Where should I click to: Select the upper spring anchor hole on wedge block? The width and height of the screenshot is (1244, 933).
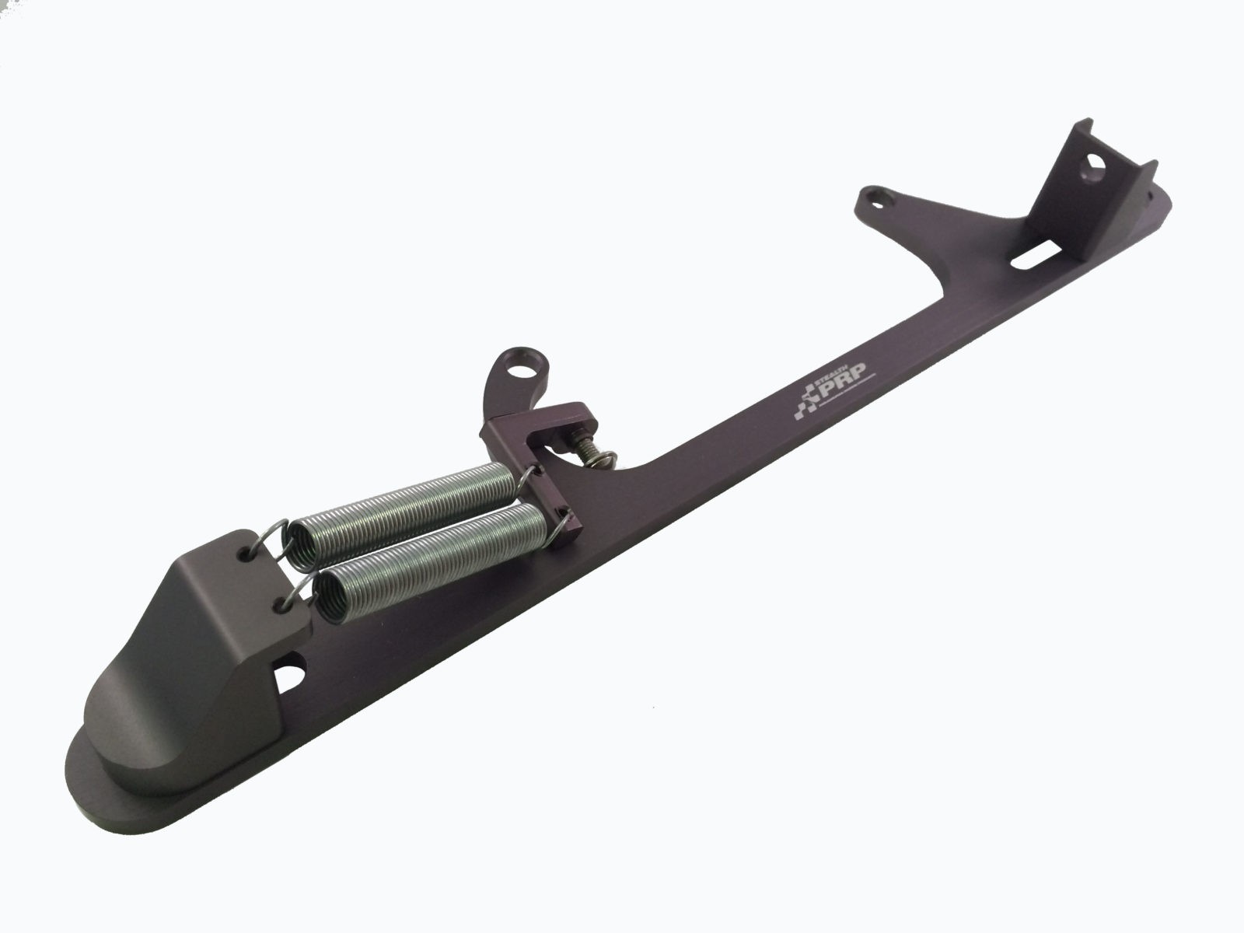coord(247,551)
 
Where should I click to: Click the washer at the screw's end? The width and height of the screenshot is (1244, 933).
coord(606,462)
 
